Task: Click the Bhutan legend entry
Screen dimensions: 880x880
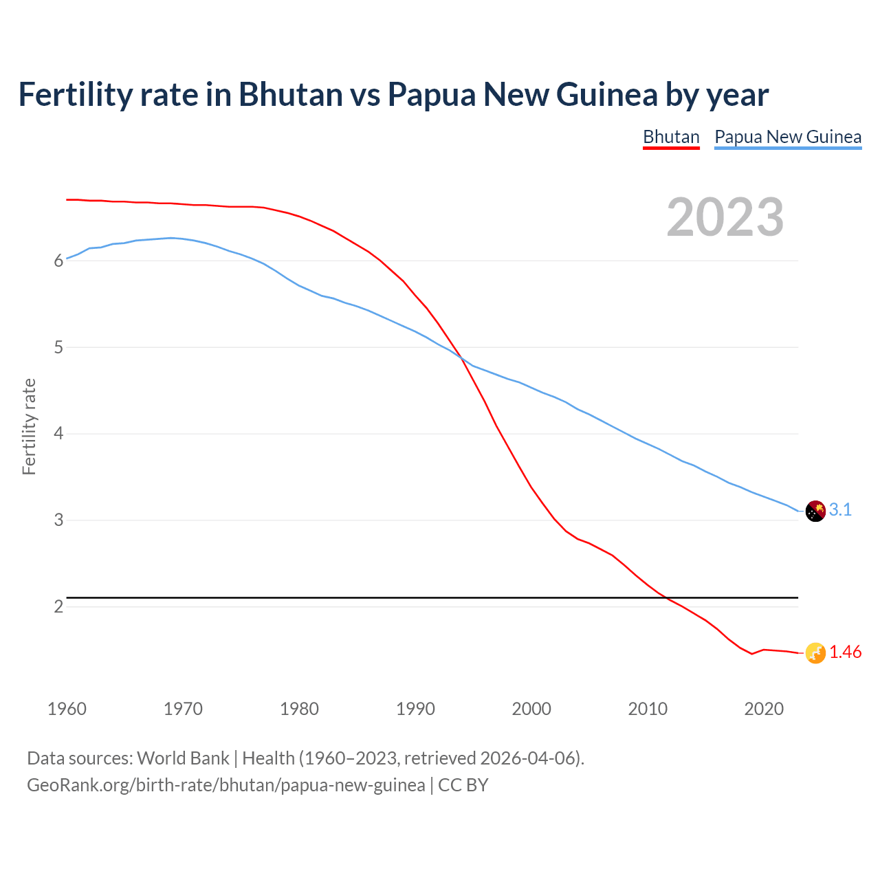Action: pos(671,137)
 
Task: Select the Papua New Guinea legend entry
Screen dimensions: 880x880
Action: pos(788,137)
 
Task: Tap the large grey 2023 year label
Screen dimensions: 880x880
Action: pos(725,217)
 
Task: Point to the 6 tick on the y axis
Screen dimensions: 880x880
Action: pos(58,261)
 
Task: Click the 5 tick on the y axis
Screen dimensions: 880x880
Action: pos(58,348)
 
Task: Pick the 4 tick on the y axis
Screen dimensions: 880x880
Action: pos(58,434)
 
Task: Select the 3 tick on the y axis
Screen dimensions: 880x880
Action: pos(58,520)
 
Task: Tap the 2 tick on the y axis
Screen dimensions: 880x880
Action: pos(58,607)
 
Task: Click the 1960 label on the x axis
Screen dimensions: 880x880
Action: pos(67,709)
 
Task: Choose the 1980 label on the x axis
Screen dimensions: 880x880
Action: pos(299,709)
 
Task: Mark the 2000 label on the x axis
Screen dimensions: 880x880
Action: pos(531,709)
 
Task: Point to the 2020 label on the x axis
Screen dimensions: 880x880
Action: pos(764,709)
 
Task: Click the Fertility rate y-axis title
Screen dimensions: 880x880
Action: pos(29,426)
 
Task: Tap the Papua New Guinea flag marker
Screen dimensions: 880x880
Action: pos(815,511)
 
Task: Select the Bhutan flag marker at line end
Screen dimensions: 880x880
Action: pos(815,653)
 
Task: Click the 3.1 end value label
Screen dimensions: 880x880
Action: pos(840,509)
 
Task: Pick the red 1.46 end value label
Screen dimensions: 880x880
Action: pos(845,652)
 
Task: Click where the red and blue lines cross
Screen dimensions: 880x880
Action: pos(461,357)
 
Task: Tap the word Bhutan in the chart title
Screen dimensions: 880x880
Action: pos(290,94)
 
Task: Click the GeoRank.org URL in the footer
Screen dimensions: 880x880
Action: pos(225,785)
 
